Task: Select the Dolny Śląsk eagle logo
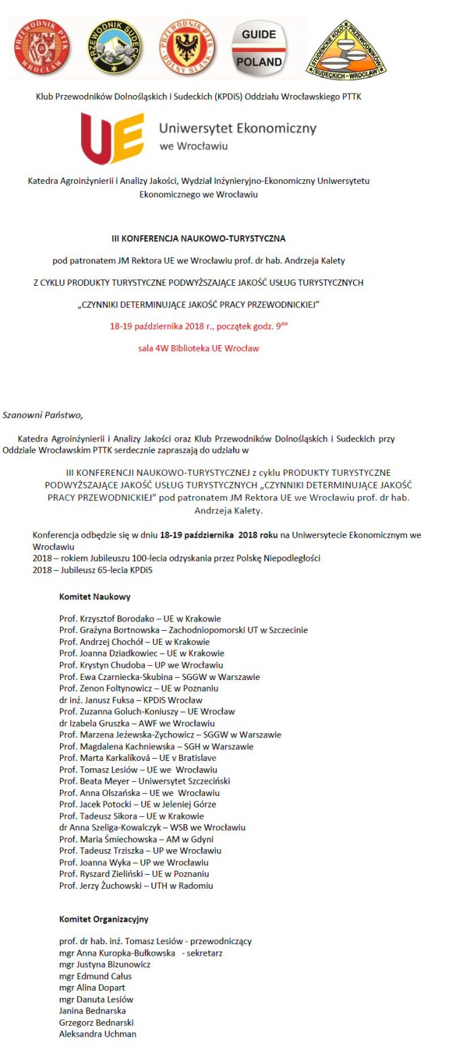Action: point(186,47)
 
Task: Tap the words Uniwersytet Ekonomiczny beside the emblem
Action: point(237,129)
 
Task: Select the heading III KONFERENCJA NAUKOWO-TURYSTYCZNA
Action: point(198,238)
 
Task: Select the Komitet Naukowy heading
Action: point(94,596)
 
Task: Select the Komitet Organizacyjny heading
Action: point(104,919)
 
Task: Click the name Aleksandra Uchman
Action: point(97,1034)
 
